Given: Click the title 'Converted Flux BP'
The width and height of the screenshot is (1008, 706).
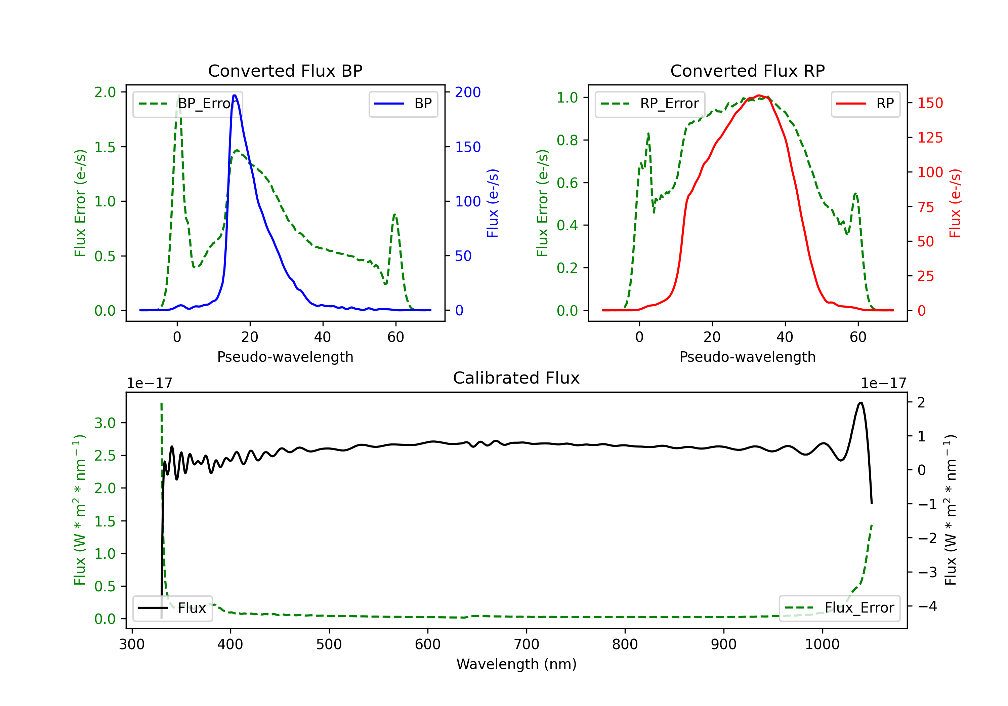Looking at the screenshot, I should click(x=285, y=71).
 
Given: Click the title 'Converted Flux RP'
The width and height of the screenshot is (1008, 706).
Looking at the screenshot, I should click(x=747, y=71).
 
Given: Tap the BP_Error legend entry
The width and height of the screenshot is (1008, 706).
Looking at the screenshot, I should click(x=188, y=104).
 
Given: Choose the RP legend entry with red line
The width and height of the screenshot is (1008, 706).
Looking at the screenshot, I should click(x=865, y=104).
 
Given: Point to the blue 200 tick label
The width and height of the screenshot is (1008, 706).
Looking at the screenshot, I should click(x=468, y=92).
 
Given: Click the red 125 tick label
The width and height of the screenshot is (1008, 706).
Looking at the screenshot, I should click(x=930, y=138).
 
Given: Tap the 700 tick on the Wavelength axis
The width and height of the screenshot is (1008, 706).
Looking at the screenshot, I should click(x=527, y=644).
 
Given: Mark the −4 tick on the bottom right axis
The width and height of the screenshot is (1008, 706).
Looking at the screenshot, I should click(x=927, y=606).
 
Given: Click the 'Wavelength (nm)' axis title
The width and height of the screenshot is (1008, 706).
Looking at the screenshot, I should click(x=516, y=664).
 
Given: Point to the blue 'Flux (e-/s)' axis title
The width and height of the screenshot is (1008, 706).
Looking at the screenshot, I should click(x=493, y=203).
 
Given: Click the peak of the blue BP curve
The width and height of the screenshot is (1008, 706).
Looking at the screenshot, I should click(x=235, y=95).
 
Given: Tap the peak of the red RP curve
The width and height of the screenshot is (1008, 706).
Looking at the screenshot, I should click(x=759, y=95).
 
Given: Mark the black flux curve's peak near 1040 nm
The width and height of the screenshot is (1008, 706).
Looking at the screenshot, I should click(x=861, y=402).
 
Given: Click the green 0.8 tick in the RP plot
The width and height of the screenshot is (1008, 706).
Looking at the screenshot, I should click(x=567, y=140).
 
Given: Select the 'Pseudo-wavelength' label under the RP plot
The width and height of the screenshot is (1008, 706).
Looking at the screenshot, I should click(x=747, y=357).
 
